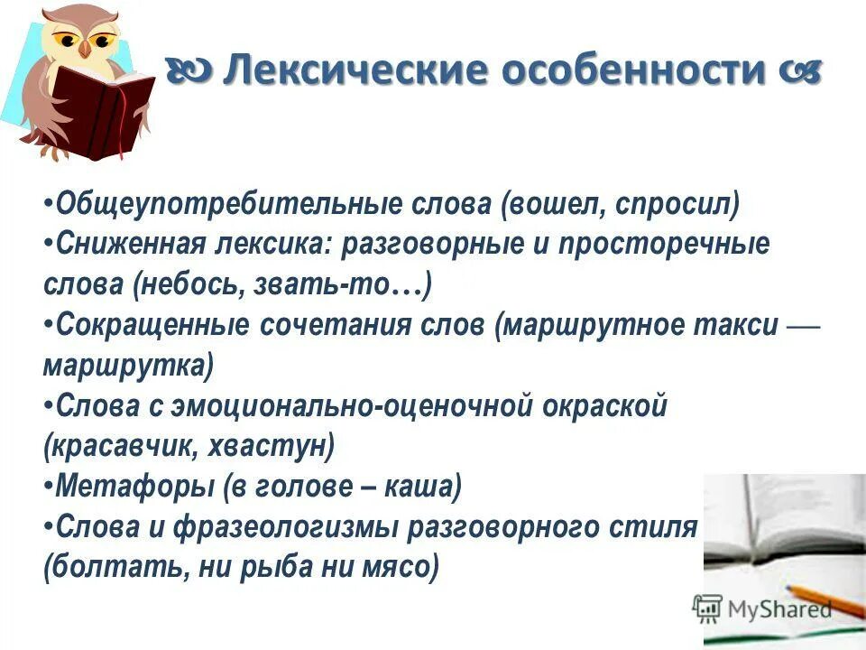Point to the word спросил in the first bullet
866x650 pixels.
pyautogui.click(x=676, y=205)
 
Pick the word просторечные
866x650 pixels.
pyautogui.click(x=662, y=245)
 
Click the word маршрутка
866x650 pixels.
pyautogui.click(x=127, y=367)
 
